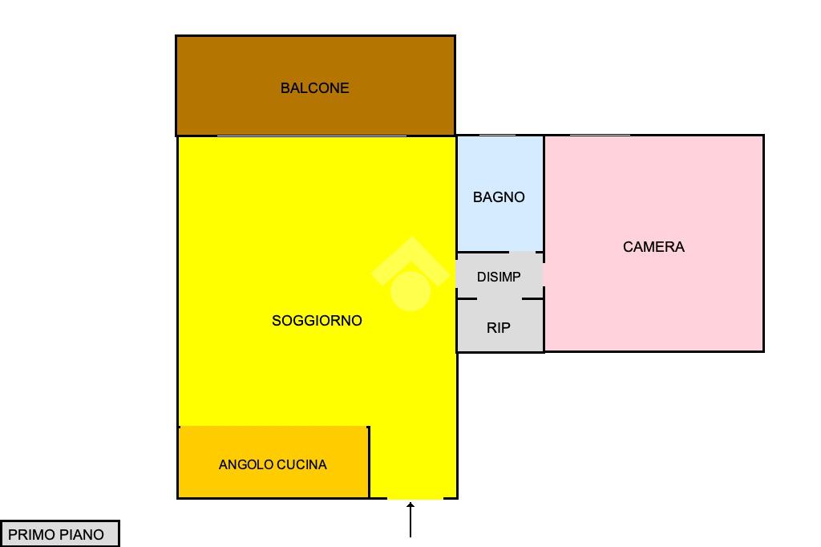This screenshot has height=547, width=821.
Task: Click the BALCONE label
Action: point(314,88)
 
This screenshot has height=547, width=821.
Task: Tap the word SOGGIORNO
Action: point(317,321)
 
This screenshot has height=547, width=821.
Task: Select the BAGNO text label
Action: point(499,197)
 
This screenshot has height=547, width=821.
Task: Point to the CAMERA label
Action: point(653,247)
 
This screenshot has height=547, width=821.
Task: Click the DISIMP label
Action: point(499,278)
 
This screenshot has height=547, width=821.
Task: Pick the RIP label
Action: point(499,328)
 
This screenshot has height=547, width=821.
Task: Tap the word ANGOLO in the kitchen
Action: point(245,464)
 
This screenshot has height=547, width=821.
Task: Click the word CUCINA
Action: point(301,464)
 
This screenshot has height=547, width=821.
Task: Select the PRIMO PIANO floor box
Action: point(59,534)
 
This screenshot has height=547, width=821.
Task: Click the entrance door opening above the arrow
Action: point(415,498)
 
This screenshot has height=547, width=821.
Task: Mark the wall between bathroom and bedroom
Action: point(544,192)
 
